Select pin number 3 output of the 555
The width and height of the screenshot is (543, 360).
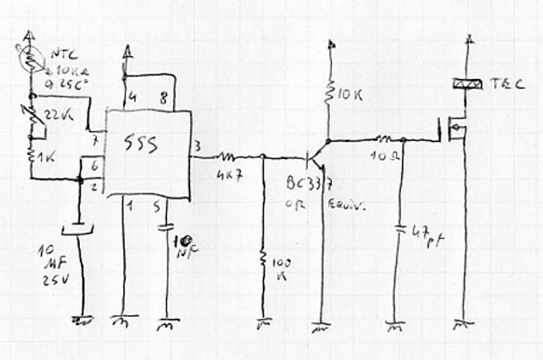tap(198, 145)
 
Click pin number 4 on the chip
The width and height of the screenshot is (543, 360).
tap(132, 99)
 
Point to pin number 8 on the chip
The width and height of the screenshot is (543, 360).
tap(162, 99)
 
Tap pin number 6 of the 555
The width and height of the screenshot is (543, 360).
tap(94, 165)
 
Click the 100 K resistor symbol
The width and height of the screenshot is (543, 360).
tap(263, 259)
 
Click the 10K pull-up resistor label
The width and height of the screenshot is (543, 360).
tap(346, 95)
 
